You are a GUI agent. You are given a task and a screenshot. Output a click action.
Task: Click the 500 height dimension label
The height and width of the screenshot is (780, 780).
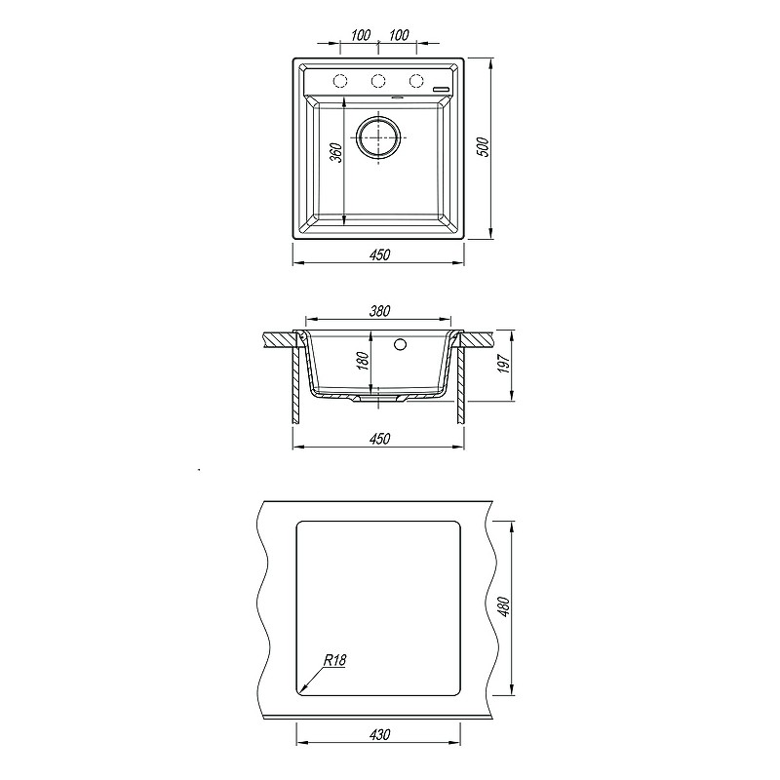[483, 147]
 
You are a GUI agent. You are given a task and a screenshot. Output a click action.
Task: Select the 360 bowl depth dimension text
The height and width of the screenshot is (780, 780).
[336, 153]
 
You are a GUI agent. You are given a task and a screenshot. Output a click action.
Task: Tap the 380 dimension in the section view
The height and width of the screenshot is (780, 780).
[380, 311]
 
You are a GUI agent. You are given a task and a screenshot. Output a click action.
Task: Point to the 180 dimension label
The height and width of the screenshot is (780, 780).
[364, 361]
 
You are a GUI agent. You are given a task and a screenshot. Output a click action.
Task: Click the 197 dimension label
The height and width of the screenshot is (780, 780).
[504, 365]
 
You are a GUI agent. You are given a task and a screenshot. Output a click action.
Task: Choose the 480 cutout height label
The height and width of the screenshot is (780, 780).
[504, 606]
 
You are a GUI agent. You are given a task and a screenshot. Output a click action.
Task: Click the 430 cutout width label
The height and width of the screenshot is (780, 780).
[380, 734]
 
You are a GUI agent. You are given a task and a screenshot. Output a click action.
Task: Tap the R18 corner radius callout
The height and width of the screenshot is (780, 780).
[334, 660]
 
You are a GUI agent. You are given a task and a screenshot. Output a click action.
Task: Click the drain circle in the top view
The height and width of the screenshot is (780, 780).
[378, 136]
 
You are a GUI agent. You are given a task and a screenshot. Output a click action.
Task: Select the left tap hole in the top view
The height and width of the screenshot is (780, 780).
[340, 81]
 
